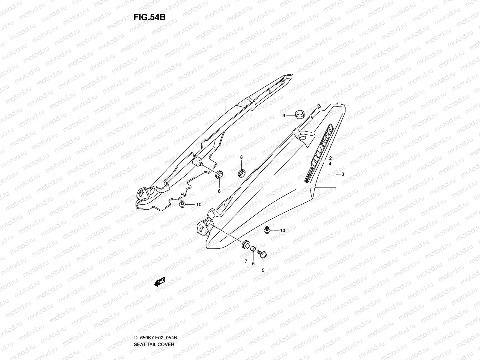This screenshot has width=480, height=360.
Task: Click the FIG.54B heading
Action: [x=149, y=17]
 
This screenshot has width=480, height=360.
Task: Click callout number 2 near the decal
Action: [x=330, y=158]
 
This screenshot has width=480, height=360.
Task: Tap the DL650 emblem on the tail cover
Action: [x=322, y=143]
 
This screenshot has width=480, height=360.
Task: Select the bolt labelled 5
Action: [x=264, y=255]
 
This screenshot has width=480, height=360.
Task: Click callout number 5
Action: [x=263, y=270]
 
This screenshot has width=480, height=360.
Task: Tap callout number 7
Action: [x=246, y=261]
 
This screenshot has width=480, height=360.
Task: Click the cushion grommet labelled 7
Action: [x=246, y=245]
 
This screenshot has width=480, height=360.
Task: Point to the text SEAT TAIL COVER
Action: [x=154, y=319]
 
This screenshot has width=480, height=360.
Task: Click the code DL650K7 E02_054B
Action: [x=155, y=312]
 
